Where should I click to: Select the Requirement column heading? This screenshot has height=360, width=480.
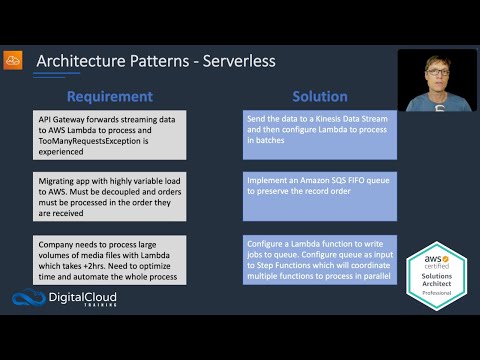pos(109,97)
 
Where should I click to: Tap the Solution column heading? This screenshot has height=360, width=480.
pos(319,97)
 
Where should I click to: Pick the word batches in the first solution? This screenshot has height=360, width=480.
pos(271,143)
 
